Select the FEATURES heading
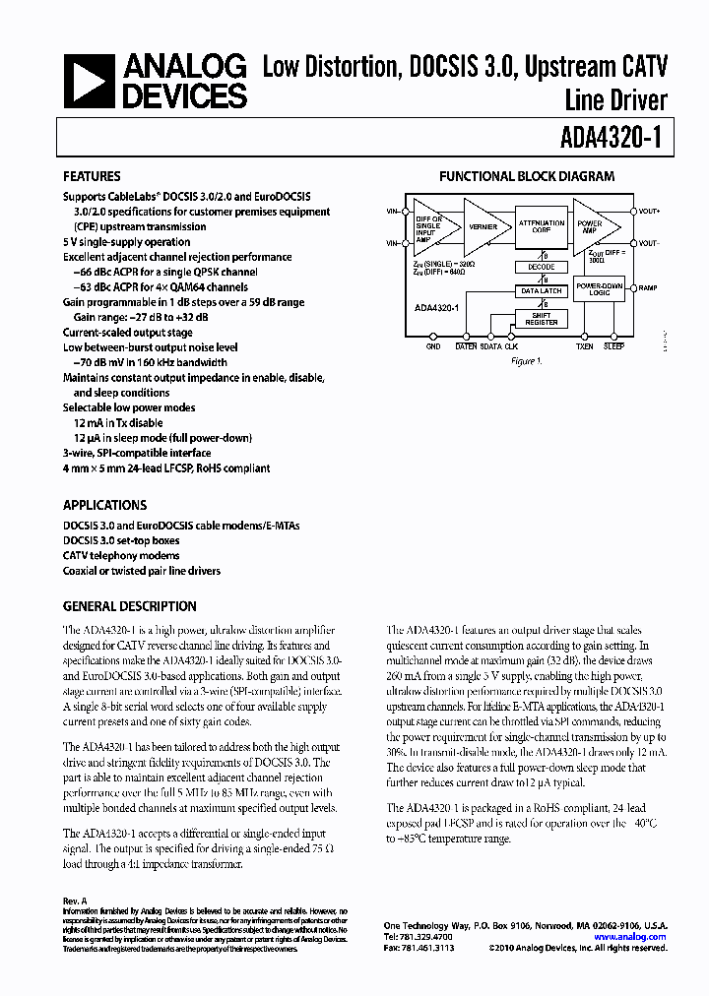93,177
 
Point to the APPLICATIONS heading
105,503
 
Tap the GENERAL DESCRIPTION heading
129,606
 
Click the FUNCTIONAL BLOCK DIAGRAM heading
527,177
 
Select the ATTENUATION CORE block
541,226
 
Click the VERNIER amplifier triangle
481,226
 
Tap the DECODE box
541,267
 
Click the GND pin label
433,346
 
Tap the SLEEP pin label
613,346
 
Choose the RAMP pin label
648,288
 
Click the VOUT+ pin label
650,211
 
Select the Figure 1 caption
526,361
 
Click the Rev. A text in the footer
75,901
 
